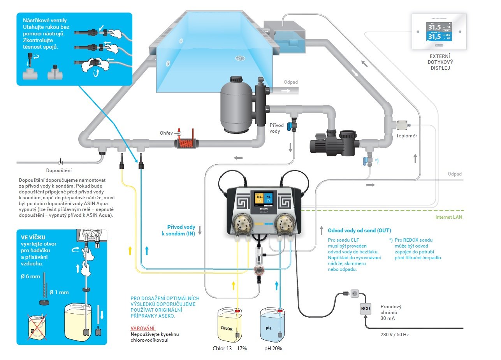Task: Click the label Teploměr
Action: pyautogui.click(x=406, y=136)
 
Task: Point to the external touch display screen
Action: pyautogui.click(x=439, y=32)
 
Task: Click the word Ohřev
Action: pyautogui.click(x=166, y=133)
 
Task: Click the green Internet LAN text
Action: pyautogui.click(x=449, y=217)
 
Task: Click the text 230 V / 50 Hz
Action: pyautogui.click(x=394, y=334)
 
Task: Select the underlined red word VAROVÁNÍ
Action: pyautogui.click(x=143, y=328)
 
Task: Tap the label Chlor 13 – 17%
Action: pyautogui.click(x=230, y=348)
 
